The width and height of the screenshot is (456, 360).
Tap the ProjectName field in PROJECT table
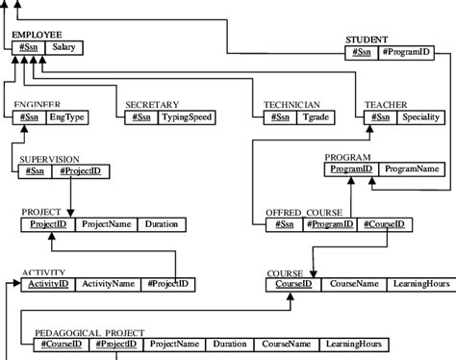pyautogui.click(x=105, y=224)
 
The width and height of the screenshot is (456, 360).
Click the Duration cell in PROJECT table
pyautogui.click(x=161, y=224)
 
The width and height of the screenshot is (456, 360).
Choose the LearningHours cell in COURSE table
pyautogui.click(x=417, y=284)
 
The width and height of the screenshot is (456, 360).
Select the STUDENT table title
pyautogui.click(x=368, y=39)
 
